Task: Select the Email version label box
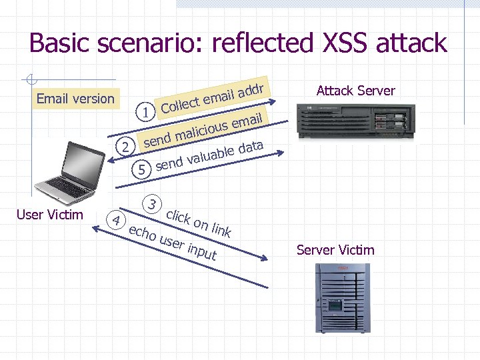coord(75,99)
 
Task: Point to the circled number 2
coord(123,146)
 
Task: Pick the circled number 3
coord(153,203)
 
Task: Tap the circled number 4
coord(116,220)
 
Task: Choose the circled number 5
coord(141,170)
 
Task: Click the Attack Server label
coord(355,91)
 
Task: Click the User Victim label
coord(49,214)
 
